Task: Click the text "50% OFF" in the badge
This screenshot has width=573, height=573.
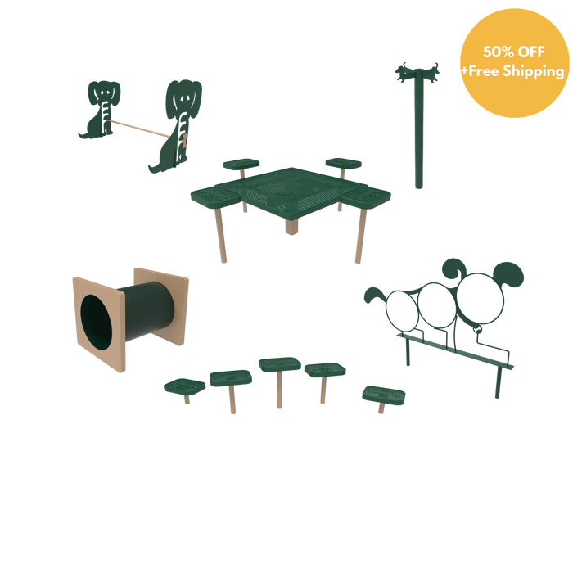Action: pyautogui.click(x=513, y=52)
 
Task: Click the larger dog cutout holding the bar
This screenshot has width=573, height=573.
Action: pyautogui.click(x=178, y=124)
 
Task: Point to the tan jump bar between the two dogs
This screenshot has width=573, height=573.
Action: pyautogui.click(x=140, y=129)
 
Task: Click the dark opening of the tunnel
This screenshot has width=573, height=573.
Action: pyautogui.click(x=97, y=322)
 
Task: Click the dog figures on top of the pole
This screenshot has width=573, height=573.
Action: pyautogui.click(x=417, y=72)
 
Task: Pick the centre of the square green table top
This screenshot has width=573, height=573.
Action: pyautogui.click(x=291, y=192)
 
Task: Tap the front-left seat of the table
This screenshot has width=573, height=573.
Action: pyautogui.click(x=216, y=197)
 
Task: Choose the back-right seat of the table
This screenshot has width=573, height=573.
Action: pyautogui.click(x=344, y=163)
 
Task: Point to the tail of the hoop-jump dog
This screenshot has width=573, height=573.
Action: pyautogui.click(x=373, y=295)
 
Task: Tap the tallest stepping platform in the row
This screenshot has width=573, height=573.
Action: pyautogui.click(x=280, y=364)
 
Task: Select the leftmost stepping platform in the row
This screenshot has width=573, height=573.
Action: pyautogui.click(x=184, y=386)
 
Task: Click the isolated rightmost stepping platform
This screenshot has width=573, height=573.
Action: pyautogui.click(x=384, y=395)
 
